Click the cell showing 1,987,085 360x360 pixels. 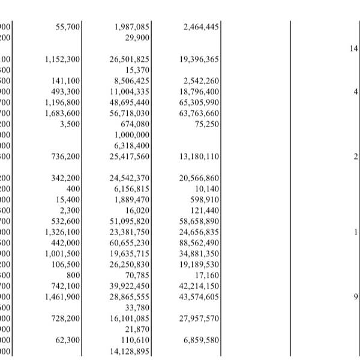coord(131,27)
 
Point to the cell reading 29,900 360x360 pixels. coord(137,37)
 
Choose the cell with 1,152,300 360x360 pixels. coord(62,59)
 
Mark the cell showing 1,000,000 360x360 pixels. coord(131,135)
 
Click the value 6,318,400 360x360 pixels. coord(131,146)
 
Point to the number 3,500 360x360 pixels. coord(70,124)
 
